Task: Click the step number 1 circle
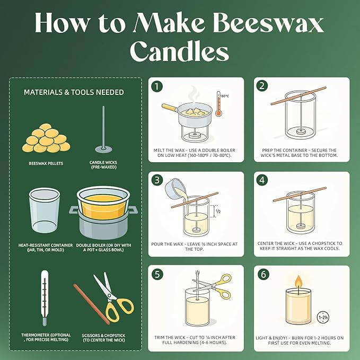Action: pyautogui.click(x=156, y=86)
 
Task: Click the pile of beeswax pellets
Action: pyautogui.click(x=46, y=138)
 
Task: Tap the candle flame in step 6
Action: pyautogui.click(x=298, y=281)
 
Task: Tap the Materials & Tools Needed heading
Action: pyautogui.click(x=74, y=92)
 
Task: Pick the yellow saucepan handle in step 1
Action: pyautogui.click(x=168, y=108)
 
